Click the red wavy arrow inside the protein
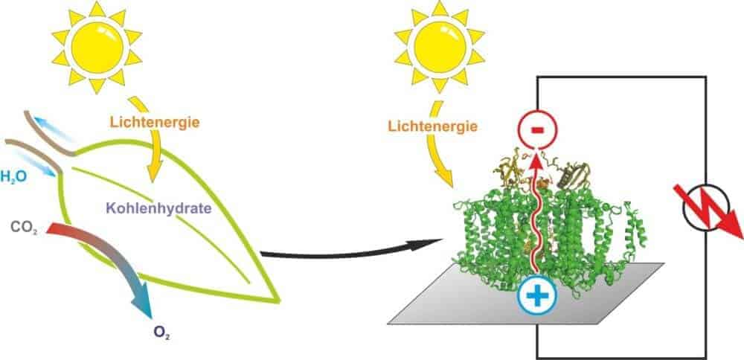pos(536,216)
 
